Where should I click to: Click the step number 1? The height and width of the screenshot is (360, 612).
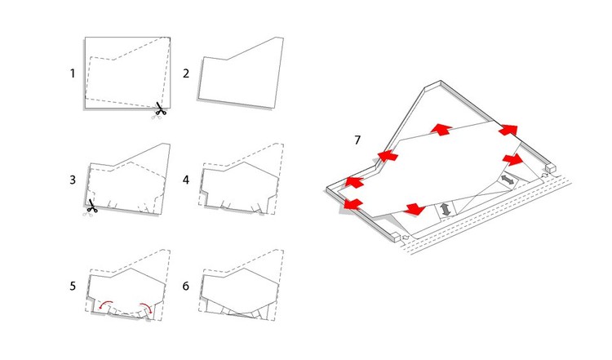pos(72,73)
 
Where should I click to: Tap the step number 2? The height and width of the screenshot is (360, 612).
pos(186,73)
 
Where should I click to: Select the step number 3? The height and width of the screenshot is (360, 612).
pos(73,180)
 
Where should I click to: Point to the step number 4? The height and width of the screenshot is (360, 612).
pos(186,180)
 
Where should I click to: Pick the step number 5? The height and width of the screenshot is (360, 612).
pos(73,286)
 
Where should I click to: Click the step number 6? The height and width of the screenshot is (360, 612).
pos(186,286)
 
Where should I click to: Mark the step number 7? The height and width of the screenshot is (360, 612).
pos(357,140)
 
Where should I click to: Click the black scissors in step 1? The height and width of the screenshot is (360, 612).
pos(161,109)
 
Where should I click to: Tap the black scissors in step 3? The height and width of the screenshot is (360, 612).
pos(92,206)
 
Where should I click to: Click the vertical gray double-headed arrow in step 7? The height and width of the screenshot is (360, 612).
pos(446,210)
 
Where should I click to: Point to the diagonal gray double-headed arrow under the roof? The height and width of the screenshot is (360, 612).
pos(508,180)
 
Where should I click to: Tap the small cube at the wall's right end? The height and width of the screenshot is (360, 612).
pos(551,168)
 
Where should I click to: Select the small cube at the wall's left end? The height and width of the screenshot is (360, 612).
pos(396,236)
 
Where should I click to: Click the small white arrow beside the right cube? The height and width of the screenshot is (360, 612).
pos(545,176)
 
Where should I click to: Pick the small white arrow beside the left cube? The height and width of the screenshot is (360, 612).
pos(405,237)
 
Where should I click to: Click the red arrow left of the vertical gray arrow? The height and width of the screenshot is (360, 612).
pos(415,209)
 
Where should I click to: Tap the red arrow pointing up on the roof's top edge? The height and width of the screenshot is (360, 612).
pos(441,129)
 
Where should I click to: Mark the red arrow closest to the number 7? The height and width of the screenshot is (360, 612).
pos(388,156)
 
